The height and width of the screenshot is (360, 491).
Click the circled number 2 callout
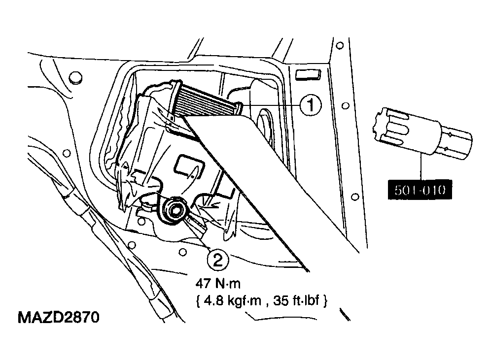pos(217,259)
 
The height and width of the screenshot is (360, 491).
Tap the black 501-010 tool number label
pos(420,190)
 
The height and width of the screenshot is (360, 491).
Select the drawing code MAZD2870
pos(59,317)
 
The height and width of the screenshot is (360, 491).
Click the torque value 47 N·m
pos(218,284)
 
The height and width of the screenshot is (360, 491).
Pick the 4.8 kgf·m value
pos(232,301)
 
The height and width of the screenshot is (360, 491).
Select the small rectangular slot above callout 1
pos(308,75)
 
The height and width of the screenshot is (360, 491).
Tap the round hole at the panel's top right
pos(340,46)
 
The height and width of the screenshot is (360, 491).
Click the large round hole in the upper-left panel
pos(75,77)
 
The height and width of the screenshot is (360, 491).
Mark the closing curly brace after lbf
pos(325,301)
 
